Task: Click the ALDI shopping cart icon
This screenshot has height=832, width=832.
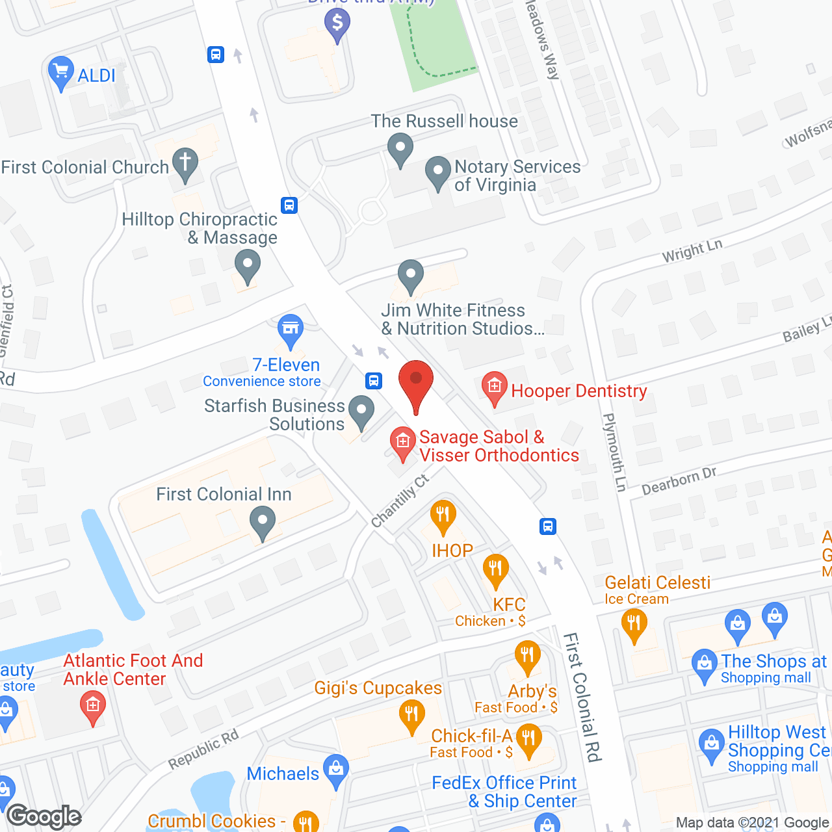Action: [60, 72]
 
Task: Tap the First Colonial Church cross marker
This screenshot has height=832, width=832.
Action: [185, 163]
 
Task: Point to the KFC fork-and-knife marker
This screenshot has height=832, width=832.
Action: [496, 569]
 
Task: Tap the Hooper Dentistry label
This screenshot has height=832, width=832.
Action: [578, 391]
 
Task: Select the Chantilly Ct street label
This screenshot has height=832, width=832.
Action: [400, 500]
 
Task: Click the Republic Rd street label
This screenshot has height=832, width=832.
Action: [203, 749]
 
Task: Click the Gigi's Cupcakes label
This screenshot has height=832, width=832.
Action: [378, 688]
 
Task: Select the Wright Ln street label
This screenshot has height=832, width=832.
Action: [692, 250]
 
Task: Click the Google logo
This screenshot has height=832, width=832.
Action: [44, 816]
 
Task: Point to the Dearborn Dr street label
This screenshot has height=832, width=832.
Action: [679, 480]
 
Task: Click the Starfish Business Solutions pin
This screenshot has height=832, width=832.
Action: [361, 411]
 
